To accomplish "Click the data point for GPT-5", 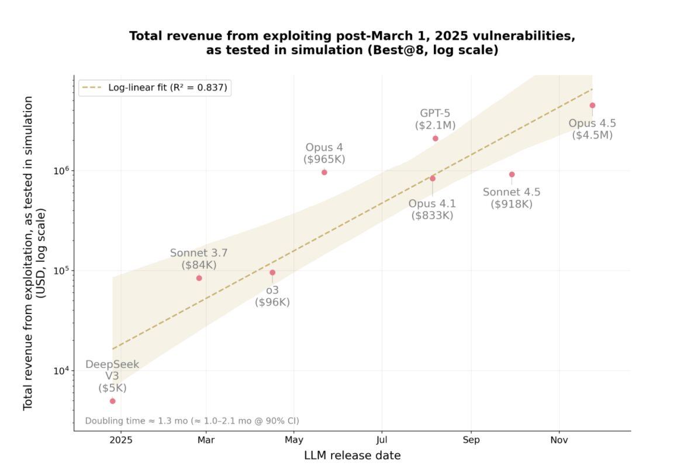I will [436, 139].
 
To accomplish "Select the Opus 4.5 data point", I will [592, 105].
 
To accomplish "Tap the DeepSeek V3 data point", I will [112, 401].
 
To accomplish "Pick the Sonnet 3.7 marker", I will [199, 278].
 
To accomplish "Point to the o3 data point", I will [272, 272].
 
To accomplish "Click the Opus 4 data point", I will [324, 172].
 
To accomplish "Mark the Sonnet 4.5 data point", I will [512, 174].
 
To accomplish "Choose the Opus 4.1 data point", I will [433, 178].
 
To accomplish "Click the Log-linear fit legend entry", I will [155, 88].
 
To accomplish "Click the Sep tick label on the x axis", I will [471, 440].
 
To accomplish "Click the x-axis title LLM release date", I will [352, 455].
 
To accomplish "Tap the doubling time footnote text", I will [192, 420].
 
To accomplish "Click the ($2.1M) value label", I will [435, 125].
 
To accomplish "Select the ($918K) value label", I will [512, 204].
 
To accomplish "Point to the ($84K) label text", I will [199, 264].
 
